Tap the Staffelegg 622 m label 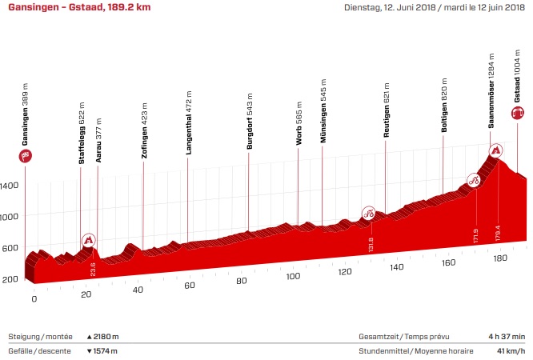point(82,133)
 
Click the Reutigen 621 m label point(386,110)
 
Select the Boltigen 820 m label point(443,104)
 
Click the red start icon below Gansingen point(26,154)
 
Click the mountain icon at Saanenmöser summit point(497,150)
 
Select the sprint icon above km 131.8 point(369,213)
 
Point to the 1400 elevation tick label point(10,186)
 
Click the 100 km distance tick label point(292,277)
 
